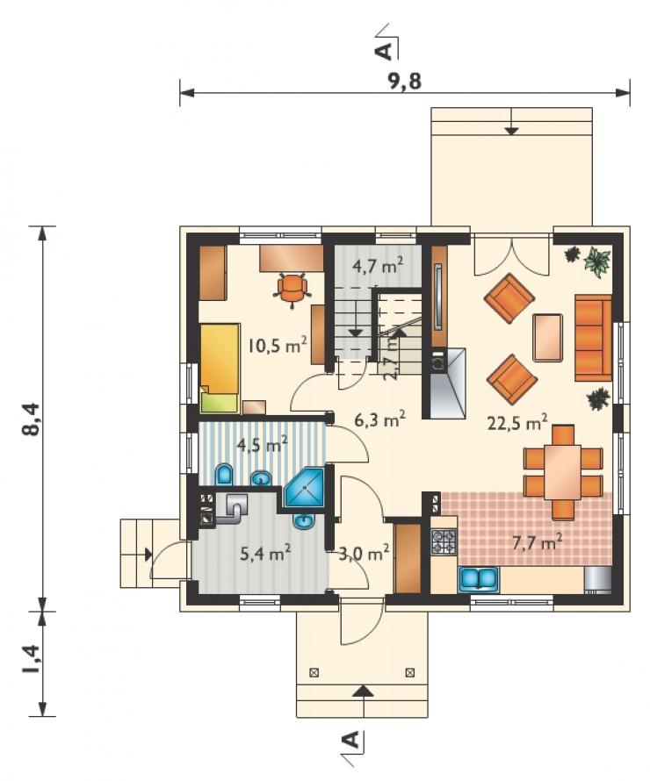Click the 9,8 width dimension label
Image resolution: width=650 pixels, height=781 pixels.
point(404,81)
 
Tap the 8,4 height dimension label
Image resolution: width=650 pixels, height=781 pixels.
point(32,419)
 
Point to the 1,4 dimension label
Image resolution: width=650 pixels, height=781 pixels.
point(32,660)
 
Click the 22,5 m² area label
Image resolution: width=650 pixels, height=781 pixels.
point(517,422)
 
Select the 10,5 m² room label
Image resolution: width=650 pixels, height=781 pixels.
point(278,344)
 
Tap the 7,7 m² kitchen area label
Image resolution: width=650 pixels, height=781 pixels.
point(538,541)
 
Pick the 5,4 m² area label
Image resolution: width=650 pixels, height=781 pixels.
point(265,552)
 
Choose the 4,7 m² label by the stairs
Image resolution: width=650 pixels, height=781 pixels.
point(378,267)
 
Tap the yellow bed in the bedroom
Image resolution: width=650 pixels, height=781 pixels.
point(220,368)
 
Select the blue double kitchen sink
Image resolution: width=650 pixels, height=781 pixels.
point(479,578)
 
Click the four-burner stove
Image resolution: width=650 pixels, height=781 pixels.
point(444,542)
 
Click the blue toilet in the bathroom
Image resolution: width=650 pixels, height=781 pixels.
point(224,475)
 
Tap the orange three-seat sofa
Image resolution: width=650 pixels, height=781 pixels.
point(593,338)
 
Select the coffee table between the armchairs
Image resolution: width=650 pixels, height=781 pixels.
point(548,337)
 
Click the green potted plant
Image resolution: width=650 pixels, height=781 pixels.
point(597,260)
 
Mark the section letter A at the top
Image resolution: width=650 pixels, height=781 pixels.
point(385,50)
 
